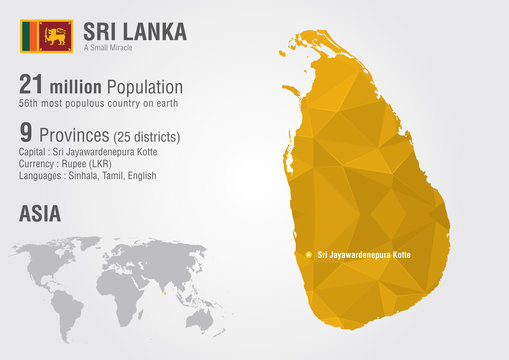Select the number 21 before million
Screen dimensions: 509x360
tap(35, 87)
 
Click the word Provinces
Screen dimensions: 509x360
tap(76, 132)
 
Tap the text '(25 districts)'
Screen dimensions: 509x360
tap(153, 133)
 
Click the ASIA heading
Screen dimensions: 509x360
tap(39, 213)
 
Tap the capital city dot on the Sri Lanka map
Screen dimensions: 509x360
tap(309, 255)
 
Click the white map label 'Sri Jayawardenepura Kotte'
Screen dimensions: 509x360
tap(365, 255)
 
